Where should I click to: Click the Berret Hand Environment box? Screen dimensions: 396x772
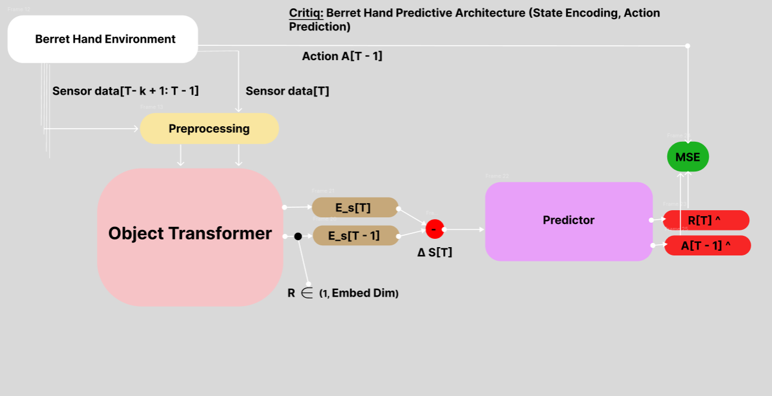(x=102, y=39)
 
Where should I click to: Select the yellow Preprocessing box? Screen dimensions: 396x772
(x=209, y=129)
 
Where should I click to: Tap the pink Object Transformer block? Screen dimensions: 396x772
(x=189, y=236)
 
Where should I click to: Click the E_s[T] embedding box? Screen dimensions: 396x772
(x=355, y=207)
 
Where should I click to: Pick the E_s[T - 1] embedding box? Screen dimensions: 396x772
(x=355, y=235)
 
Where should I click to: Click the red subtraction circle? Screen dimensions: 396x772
(x=435, y=229)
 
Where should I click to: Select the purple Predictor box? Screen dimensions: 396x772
(x=568, y=221)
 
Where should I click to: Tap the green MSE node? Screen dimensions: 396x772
(x=687, y=157)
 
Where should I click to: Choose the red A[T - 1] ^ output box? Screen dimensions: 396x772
(x=707, y=245)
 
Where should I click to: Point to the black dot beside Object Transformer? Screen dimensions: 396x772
(x=298, y=236)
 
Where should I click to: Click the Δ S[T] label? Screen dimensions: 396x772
(x=434, y=252)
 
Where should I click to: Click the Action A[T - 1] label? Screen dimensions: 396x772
(x=342, y=57)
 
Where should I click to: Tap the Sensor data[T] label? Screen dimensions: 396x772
(x=287, y=91)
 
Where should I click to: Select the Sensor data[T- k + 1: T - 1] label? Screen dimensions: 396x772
(x=125, y=91)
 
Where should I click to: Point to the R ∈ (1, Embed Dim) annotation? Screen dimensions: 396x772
(x=343, y=293)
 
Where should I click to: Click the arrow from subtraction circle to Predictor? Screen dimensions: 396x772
(x=464, y=229)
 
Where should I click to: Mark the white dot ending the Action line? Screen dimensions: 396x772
(x=687, y=46)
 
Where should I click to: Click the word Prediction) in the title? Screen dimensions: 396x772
(x=319, y=27)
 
